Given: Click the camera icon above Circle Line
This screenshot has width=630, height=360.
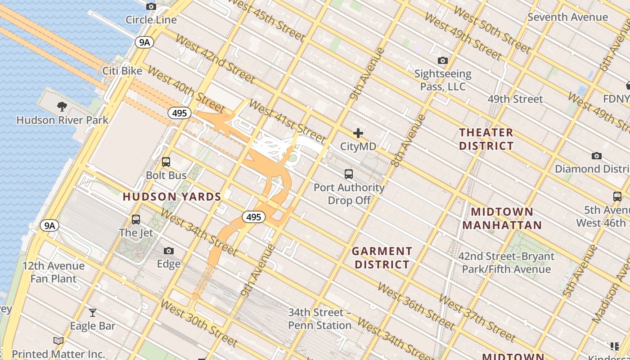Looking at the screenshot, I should [x=151, y=6].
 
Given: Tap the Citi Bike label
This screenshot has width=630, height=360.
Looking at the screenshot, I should [x=122, y=71].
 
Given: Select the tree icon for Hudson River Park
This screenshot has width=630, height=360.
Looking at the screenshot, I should [x=62, y=107].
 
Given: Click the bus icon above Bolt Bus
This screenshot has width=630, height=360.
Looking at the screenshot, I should [x=166, y=162].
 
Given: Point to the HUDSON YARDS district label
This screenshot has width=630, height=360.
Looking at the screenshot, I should [x=172, y=197].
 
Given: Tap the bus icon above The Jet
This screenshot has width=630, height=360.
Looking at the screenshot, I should [x=136, y=220].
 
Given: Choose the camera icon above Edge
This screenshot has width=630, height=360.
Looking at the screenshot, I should [x=169, y=251].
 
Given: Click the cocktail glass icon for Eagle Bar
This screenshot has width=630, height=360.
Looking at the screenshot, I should [x=93, y=312].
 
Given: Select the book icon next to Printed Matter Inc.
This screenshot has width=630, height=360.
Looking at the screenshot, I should [x=58, y=341].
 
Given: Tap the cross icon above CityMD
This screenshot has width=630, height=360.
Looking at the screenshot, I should [x=358, y=133].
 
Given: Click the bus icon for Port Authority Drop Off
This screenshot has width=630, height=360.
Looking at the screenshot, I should [x=349, y=174].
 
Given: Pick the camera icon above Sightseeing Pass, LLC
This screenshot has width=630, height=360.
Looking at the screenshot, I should [x=443, y=60].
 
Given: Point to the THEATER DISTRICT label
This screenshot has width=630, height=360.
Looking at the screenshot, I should [x=486, y=139].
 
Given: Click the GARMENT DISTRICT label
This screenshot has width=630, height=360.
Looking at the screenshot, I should [x=382, y=258].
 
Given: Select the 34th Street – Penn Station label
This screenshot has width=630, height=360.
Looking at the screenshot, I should [x=319, y=319].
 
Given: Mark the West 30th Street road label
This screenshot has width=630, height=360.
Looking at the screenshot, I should [x=198, y=323].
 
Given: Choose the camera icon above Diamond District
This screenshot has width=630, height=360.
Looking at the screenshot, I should [x=597, y=156].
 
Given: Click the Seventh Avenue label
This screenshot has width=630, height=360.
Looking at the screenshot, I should [x=568, y=17].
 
